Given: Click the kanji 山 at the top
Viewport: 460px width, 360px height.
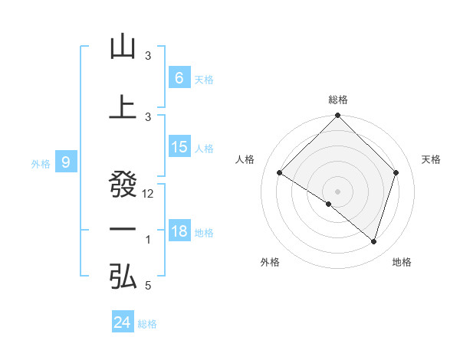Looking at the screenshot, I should coord(123,47).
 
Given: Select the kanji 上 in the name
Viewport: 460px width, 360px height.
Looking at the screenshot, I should coord(123,107).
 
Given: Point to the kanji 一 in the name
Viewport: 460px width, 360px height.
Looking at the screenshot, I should coord(123,230).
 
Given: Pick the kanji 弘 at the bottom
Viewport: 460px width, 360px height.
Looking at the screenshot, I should coord(123,277).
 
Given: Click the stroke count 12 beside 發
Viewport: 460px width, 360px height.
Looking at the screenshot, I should coord(149,194).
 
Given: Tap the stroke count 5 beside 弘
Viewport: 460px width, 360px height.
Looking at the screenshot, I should coord(148,286).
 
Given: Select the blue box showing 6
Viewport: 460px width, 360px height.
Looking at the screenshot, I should coord(179,77).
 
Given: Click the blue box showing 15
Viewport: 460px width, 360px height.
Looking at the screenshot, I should coord(179,147).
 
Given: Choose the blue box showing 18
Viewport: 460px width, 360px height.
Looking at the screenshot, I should coord(179,231).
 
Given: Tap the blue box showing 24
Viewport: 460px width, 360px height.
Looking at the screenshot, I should coord(122,322).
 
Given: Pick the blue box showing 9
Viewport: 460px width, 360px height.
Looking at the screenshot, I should coord(66,162).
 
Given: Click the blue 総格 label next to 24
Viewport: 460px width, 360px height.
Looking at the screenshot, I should coord(147,324).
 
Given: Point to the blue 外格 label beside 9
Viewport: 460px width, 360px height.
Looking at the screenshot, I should coord(41,163).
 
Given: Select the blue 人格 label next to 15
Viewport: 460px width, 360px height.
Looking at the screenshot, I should coord(204,149).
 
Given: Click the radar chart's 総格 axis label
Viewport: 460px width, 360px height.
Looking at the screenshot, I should coord(338,100).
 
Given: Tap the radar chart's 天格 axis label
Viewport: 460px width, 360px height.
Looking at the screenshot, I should coord(432,159).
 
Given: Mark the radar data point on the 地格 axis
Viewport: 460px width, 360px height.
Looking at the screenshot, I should coord(373,242).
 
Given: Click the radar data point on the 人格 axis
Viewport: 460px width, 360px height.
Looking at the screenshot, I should coord(280,173).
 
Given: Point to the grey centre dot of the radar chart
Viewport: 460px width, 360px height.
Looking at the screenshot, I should coord(337,191).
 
